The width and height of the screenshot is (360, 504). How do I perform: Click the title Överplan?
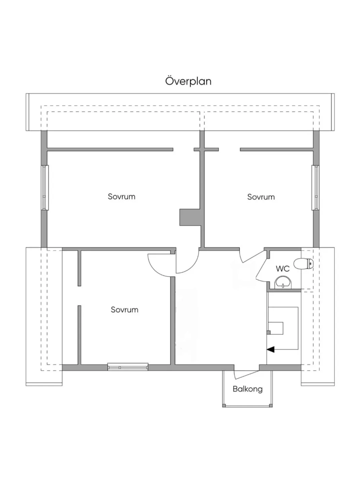point(188,81)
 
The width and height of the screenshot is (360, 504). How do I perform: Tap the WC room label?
point(282,269)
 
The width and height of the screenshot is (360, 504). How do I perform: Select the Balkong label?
point(247,389)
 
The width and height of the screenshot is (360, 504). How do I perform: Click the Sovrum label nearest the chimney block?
point(121,196)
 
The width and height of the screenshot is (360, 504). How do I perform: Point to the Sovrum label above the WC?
point(261,197)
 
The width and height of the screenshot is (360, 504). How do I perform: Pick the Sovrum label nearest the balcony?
point(124,309)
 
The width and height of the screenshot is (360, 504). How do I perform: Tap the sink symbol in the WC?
point(283,282)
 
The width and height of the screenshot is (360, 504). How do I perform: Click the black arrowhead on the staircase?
point(271,349)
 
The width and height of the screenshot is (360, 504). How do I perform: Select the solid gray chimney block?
point(190,217)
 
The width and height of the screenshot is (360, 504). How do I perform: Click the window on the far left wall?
point(45,188)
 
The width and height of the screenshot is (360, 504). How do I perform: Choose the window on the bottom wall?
point(128,367)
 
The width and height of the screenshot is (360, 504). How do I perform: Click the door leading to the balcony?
point(246,374)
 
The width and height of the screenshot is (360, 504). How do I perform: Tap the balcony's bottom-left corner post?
point(224,406)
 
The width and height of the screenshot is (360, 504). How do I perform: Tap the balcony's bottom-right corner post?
point(271,406)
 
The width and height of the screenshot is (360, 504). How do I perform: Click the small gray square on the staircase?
point(269,333)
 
